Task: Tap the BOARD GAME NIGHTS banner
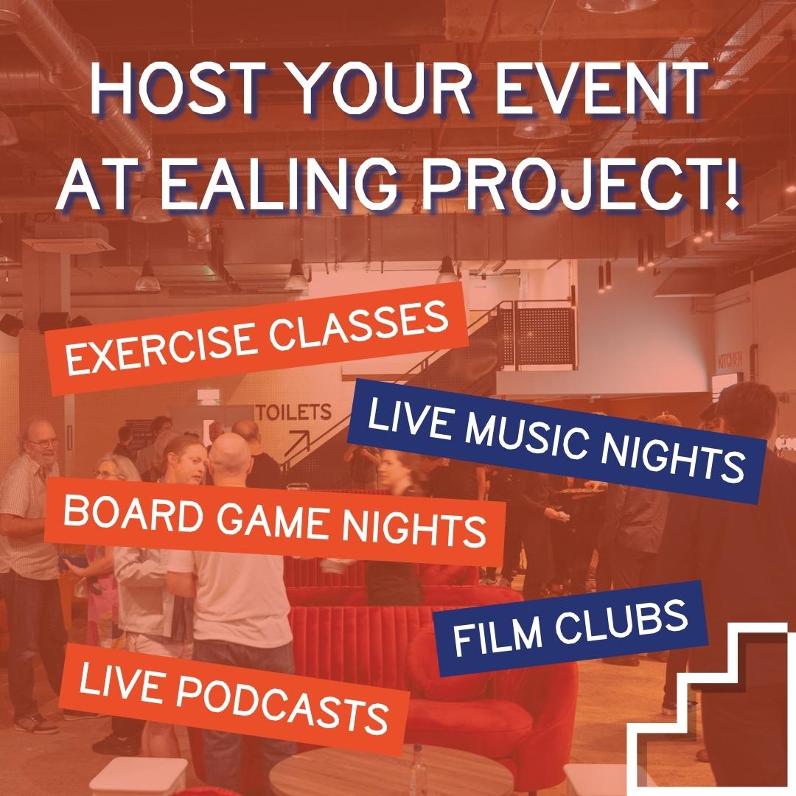click(275, 520)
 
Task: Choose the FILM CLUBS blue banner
click(570, 629)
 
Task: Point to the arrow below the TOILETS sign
click(292, 441)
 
